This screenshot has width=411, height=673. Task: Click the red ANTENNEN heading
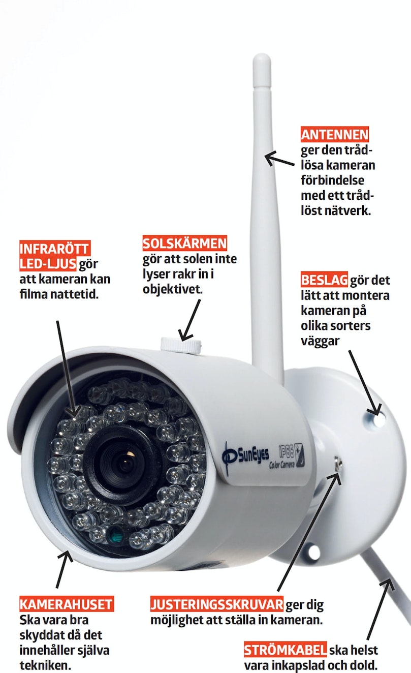[334, 134]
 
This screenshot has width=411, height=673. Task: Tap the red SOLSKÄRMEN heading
[184, 243]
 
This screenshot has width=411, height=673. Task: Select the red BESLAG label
[324, 280]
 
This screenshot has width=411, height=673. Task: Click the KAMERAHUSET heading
[67, 604]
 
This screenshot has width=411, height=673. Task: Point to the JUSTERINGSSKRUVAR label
[217, 604]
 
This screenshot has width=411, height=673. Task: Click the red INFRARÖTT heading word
[55, 248]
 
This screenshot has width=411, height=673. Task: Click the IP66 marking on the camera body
[286, 451]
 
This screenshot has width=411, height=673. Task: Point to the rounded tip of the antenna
[262, 57]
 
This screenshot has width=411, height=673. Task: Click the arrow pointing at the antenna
[279, 159]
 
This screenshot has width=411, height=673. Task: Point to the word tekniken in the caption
[45, 665]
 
